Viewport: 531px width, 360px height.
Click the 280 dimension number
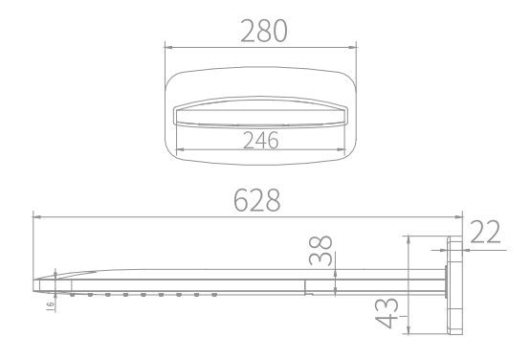pyautogui.click(x=264, y=31)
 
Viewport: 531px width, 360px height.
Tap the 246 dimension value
pyautogui.click(x=261, y=141)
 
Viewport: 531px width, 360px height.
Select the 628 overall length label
pyautogui.click(x=257, y=200)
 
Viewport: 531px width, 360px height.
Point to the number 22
pyautogui.click(x=485, y=232)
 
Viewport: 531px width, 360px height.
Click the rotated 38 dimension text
pyautogui.click(x=321, y=250)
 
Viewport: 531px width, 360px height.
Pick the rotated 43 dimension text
pyautogui.click(x=387, y=313)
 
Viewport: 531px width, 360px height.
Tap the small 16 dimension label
pyautogui.click(x=50, y=305)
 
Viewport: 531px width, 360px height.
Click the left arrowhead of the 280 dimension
pyautogui.click(x=169, y=48)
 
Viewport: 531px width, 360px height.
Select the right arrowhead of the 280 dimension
pyautogui.click(x=352, y=48)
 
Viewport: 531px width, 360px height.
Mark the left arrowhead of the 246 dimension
pyautogui.click(x=180, y=149)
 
